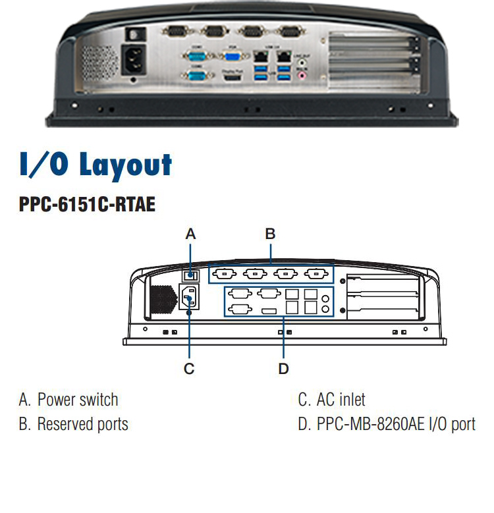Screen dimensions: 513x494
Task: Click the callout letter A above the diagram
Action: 191,234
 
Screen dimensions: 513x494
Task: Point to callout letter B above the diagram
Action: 270,234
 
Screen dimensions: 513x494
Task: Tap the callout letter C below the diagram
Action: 189,369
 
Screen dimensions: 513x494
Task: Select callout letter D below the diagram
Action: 283,369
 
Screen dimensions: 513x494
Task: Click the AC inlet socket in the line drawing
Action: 189,298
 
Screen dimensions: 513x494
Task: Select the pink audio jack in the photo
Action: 302,75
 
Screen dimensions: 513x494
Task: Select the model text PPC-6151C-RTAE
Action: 87,205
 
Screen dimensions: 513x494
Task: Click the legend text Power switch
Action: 78,400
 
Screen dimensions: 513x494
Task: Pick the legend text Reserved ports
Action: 82,424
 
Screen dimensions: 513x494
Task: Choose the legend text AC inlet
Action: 341,400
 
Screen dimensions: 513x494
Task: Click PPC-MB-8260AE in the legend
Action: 370,424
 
